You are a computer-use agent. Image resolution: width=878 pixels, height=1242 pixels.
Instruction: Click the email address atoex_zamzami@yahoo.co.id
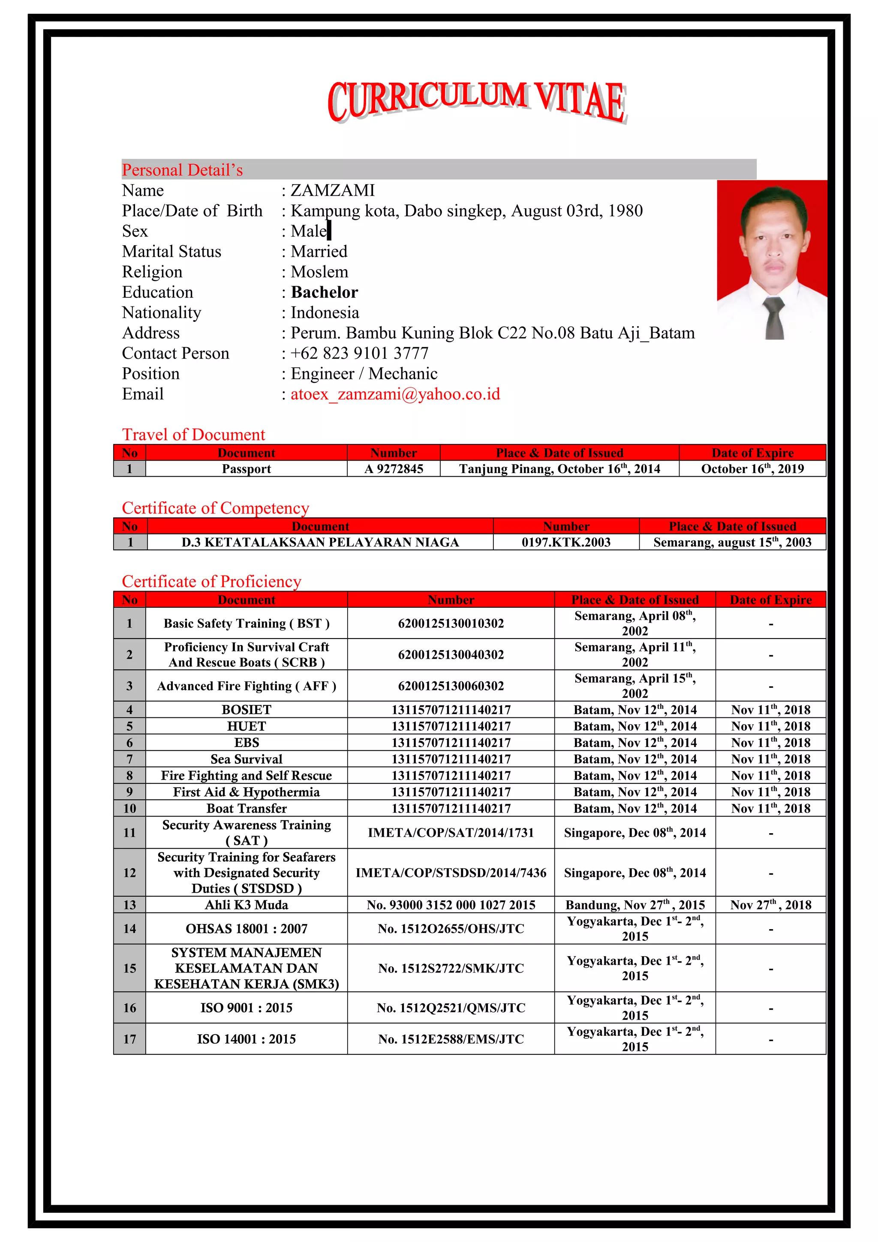point(395,394)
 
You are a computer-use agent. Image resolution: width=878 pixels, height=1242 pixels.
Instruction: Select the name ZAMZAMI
point(333,190)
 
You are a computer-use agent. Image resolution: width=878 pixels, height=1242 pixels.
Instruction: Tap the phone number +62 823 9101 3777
point(360,353)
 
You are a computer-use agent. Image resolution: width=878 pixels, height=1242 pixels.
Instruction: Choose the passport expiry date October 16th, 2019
point(752,469)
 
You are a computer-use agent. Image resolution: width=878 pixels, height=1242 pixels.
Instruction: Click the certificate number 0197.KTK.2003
point(566,543)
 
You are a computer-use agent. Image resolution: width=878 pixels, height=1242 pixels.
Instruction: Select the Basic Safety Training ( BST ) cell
point(247,624)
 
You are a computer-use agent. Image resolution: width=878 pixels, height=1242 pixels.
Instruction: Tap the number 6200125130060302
point(451,686)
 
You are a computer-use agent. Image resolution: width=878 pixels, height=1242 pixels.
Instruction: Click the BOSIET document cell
point(247,710)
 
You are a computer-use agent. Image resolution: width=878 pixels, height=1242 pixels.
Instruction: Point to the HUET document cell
point(247,726)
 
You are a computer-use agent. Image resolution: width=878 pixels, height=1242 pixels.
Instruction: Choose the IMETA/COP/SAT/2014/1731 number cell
point(451,833)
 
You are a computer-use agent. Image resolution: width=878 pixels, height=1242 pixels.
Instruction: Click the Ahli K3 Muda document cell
point(247,905)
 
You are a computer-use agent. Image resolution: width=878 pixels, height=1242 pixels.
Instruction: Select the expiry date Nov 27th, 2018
point(770,905)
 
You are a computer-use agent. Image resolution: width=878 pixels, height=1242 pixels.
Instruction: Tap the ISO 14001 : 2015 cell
point(247,1039)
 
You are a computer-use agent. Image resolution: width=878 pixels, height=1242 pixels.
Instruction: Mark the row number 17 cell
point(129,1039)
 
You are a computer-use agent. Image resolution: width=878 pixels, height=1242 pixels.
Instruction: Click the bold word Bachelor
point(325,292)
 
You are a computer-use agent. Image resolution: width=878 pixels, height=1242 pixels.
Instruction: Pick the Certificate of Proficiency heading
point(211,582)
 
